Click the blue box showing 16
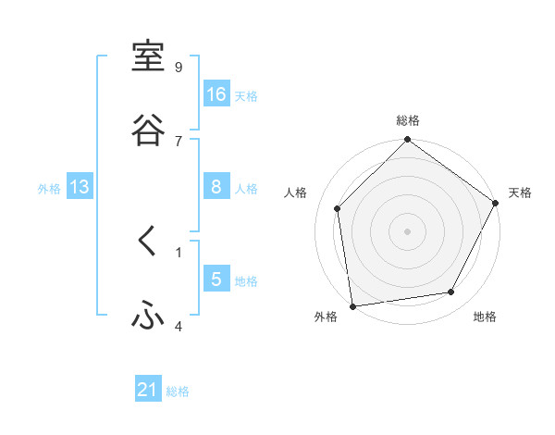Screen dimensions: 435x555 click(x=216, y=93)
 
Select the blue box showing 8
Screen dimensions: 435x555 click(x=216, y=186)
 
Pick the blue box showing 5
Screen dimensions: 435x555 click(x=216, y=279)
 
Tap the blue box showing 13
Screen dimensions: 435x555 click(x=80, y=187)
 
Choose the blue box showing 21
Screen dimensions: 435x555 click(x=148, y=390)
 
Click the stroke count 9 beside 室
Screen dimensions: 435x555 click(x=179, y=67)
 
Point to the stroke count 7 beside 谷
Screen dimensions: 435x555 click(x=179, y=141)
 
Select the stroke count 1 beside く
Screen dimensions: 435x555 click(x=179, y=252)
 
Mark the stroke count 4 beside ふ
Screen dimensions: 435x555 click(x=179, y=326)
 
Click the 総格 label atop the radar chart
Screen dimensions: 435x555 click(x=408, y=120)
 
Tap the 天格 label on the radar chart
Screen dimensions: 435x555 click(x=521, y=193)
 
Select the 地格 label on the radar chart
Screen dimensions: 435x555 click(x=485, y=317)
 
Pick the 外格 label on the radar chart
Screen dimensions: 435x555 click(x=326, y=317)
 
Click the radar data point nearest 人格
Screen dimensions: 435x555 click(x=338, y=208)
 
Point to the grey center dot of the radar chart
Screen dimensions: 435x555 click(x=408, y=230)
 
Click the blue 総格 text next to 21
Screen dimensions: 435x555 click(x=178, y=391)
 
